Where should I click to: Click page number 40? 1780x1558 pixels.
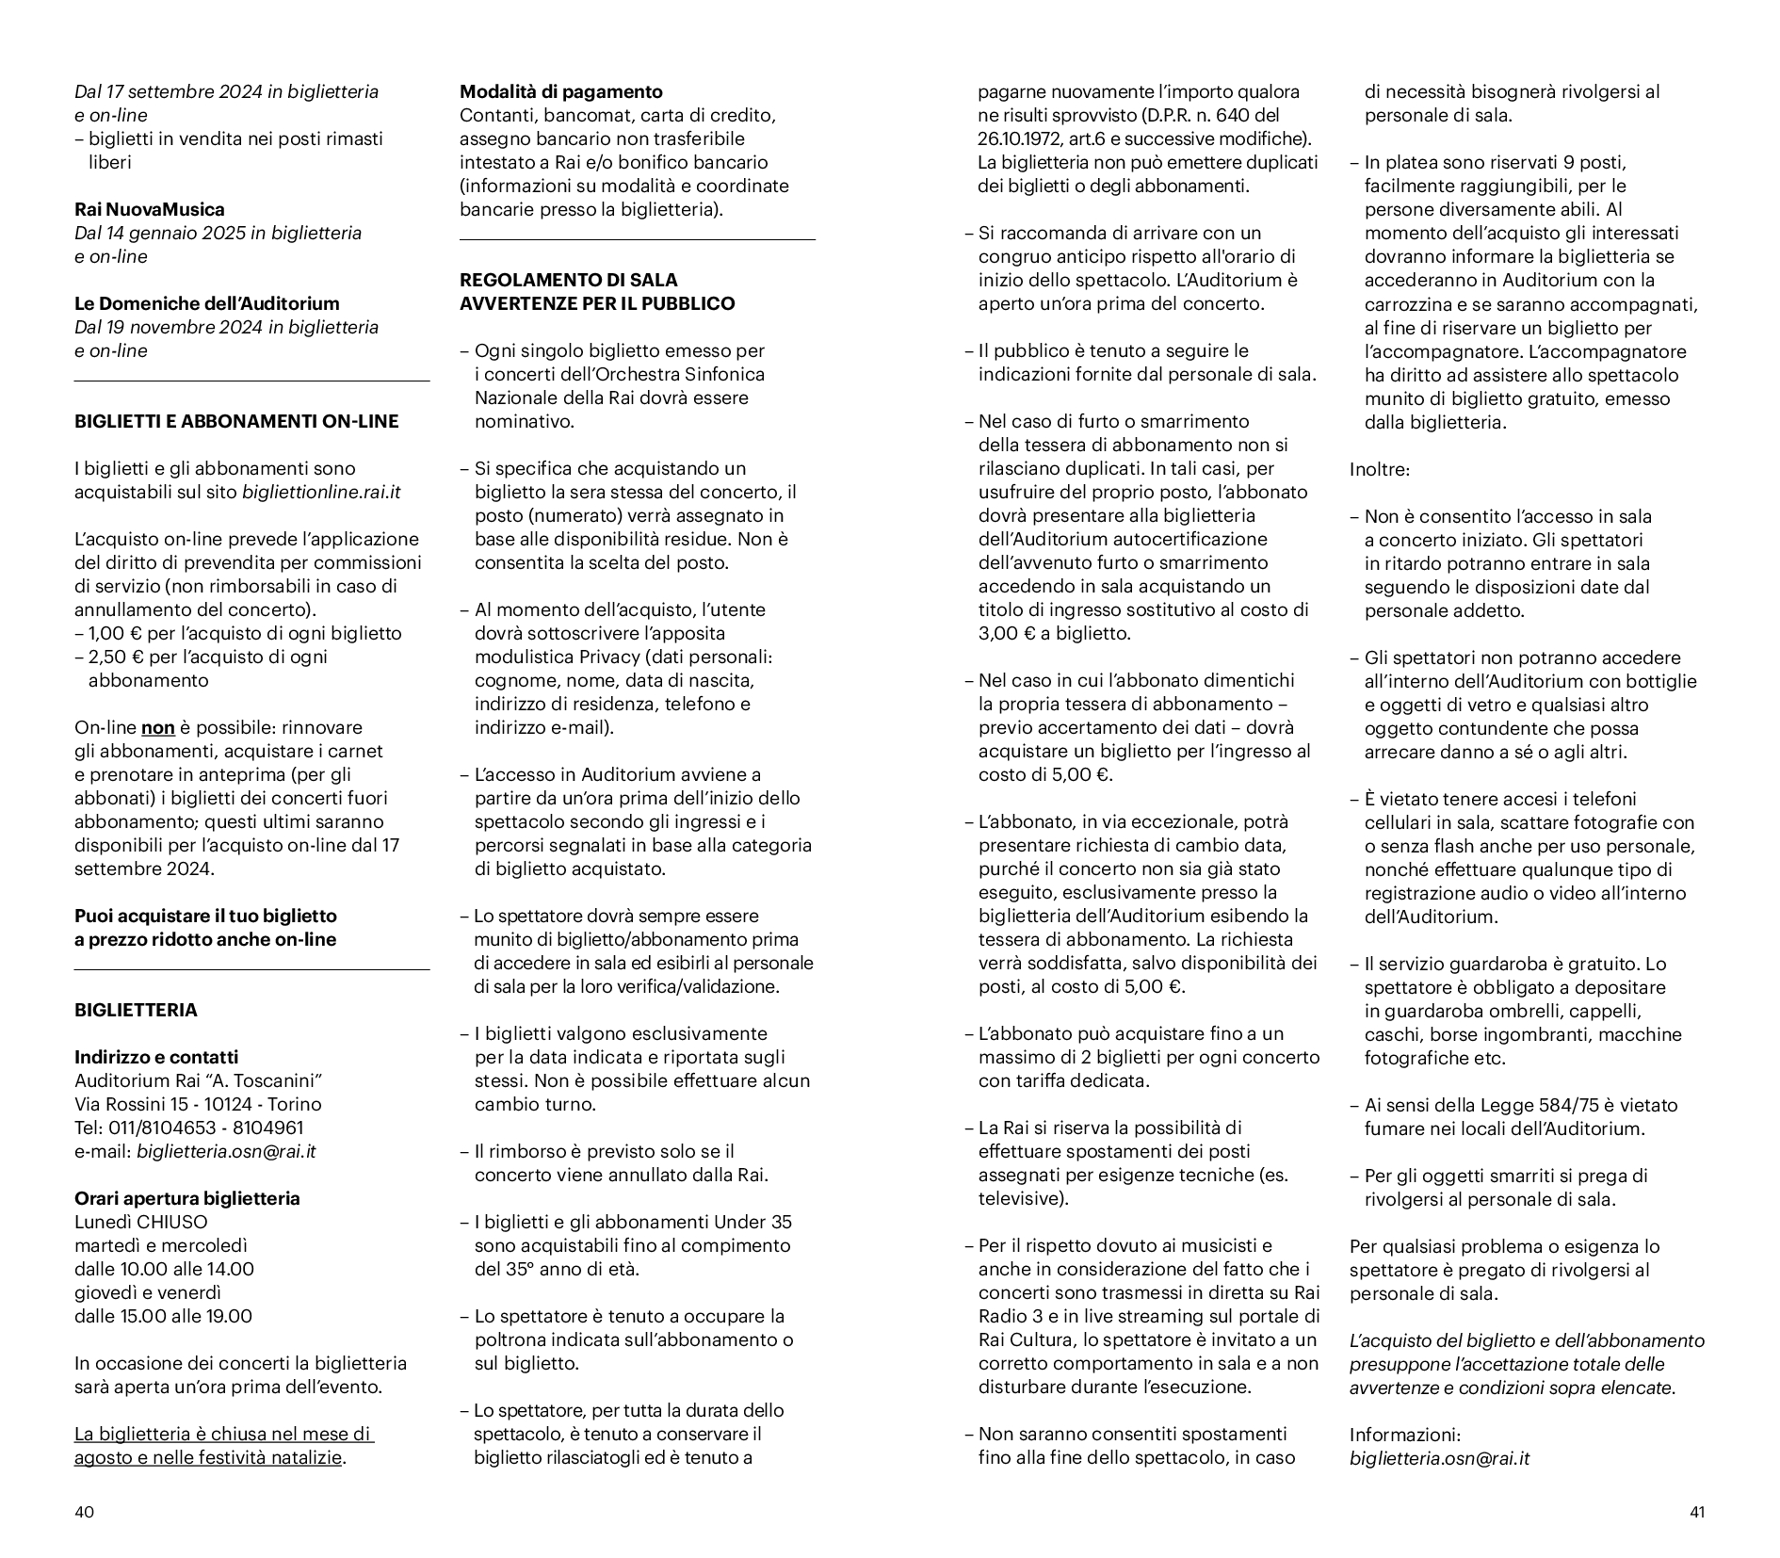point(84,1513)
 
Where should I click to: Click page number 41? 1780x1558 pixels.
point(1696,1513)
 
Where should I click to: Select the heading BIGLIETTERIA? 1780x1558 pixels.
point(136,1011)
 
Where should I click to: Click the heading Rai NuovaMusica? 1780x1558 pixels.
point(150,209)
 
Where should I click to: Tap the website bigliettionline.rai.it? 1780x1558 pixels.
point(321,492)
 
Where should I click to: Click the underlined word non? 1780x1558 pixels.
point(157,728)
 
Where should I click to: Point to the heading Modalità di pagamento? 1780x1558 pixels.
point(560,91)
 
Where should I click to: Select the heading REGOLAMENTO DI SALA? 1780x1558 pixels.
point(568,280)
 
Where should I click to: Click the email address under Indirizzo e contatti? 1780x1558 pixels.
point(226,1151)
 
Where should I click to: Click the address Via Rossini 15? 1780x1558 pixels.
point(136,1104)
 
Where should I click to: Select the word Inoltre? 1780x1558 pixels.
point(1379,469)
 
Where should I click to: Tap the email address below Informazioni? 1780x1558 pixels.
point(1439,1458)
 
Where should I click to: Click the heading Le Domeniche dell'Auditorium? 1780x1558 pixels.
point(207,303)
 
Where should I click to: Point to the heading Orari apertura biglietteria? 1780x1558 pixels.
point(187,1198)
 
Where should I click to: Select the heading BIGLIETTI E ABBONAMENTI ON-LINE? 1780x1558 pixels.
point(236,421)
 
